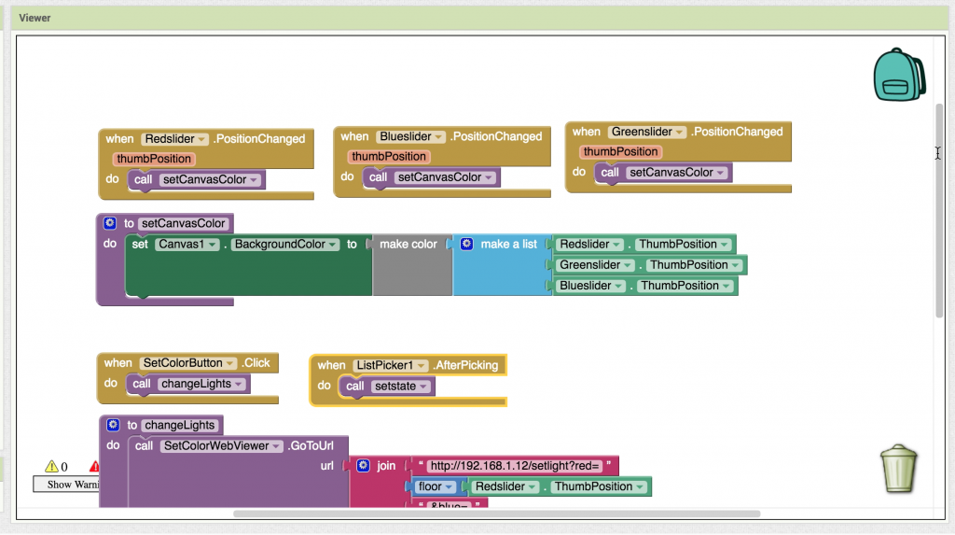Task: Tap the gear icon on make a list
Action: [467, 244]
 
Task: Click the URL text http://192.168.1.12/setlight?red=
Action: [518, 466]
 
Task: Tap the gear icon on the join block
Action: [364, 465]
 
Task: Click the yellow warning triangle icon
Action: [51, 466]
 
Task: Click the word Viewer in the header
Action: [35, 17]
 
